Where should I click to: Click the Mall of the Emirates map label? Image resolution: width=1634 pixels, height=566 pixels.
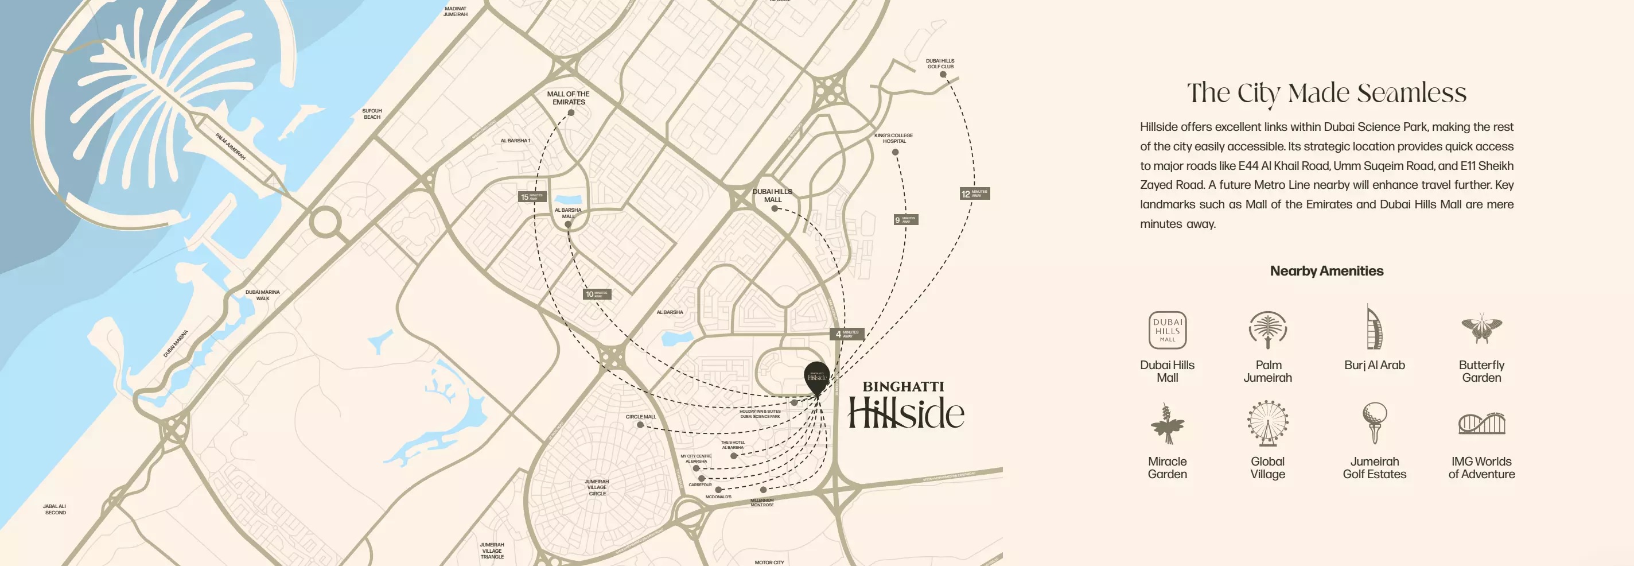coord(569,98)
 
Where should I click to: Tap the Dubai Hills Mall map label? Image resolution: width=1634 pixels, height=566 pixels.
coord(772,195)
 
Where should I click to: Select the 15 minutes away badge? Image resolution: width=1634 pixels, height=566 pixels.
coord(531,197)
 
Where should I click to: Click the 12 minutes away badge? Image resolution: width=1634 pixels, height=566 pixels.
coord(974,193)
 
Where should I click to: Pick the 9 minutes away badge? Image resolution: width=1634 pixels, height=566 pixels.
coord(905,219)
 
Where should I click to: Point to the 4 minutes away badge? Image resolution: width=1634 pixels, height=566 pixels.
coord(846,334)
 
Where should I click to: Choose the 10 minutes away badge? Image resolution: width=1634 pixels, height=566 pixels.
coord(596,294)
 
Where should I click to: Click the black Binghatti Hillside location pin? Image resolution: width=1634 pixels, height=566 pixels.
coord(816,375)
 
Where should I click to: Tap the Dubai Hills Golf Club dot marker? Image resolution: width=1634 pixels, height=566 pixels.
coord(943,75)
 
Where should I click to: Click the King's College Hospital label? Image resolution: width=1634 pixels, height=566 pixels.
coord(893,138)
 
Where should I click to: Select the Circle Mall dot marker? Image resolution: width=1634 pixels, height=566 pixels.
coord(640,425)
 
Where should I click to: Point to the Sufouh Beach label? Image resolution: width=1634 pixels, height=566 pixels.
coord(372,114)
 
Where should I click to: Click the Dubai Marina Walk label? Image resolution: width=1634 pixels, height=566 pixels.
coord(263,295)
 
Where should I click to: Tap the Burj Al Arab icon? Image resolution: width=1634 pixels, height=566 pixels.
coord(1374,327)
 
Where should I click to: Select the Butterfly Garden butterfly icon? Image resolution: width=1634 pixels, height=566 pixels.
coord(1481,328)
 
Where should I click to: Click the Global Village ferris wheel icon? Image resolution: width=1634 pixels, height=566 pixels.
coord(1267,422)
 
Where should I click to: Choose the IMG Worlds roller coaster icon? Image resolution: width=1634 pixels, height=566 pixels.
coord(1481,423)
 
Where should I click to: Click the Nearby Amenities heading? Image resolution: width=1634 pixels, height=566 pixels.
coord(1326,271)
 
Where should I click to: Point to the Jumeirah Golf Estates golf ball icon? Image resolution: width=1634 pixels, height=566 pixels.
coord(1374,422)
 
